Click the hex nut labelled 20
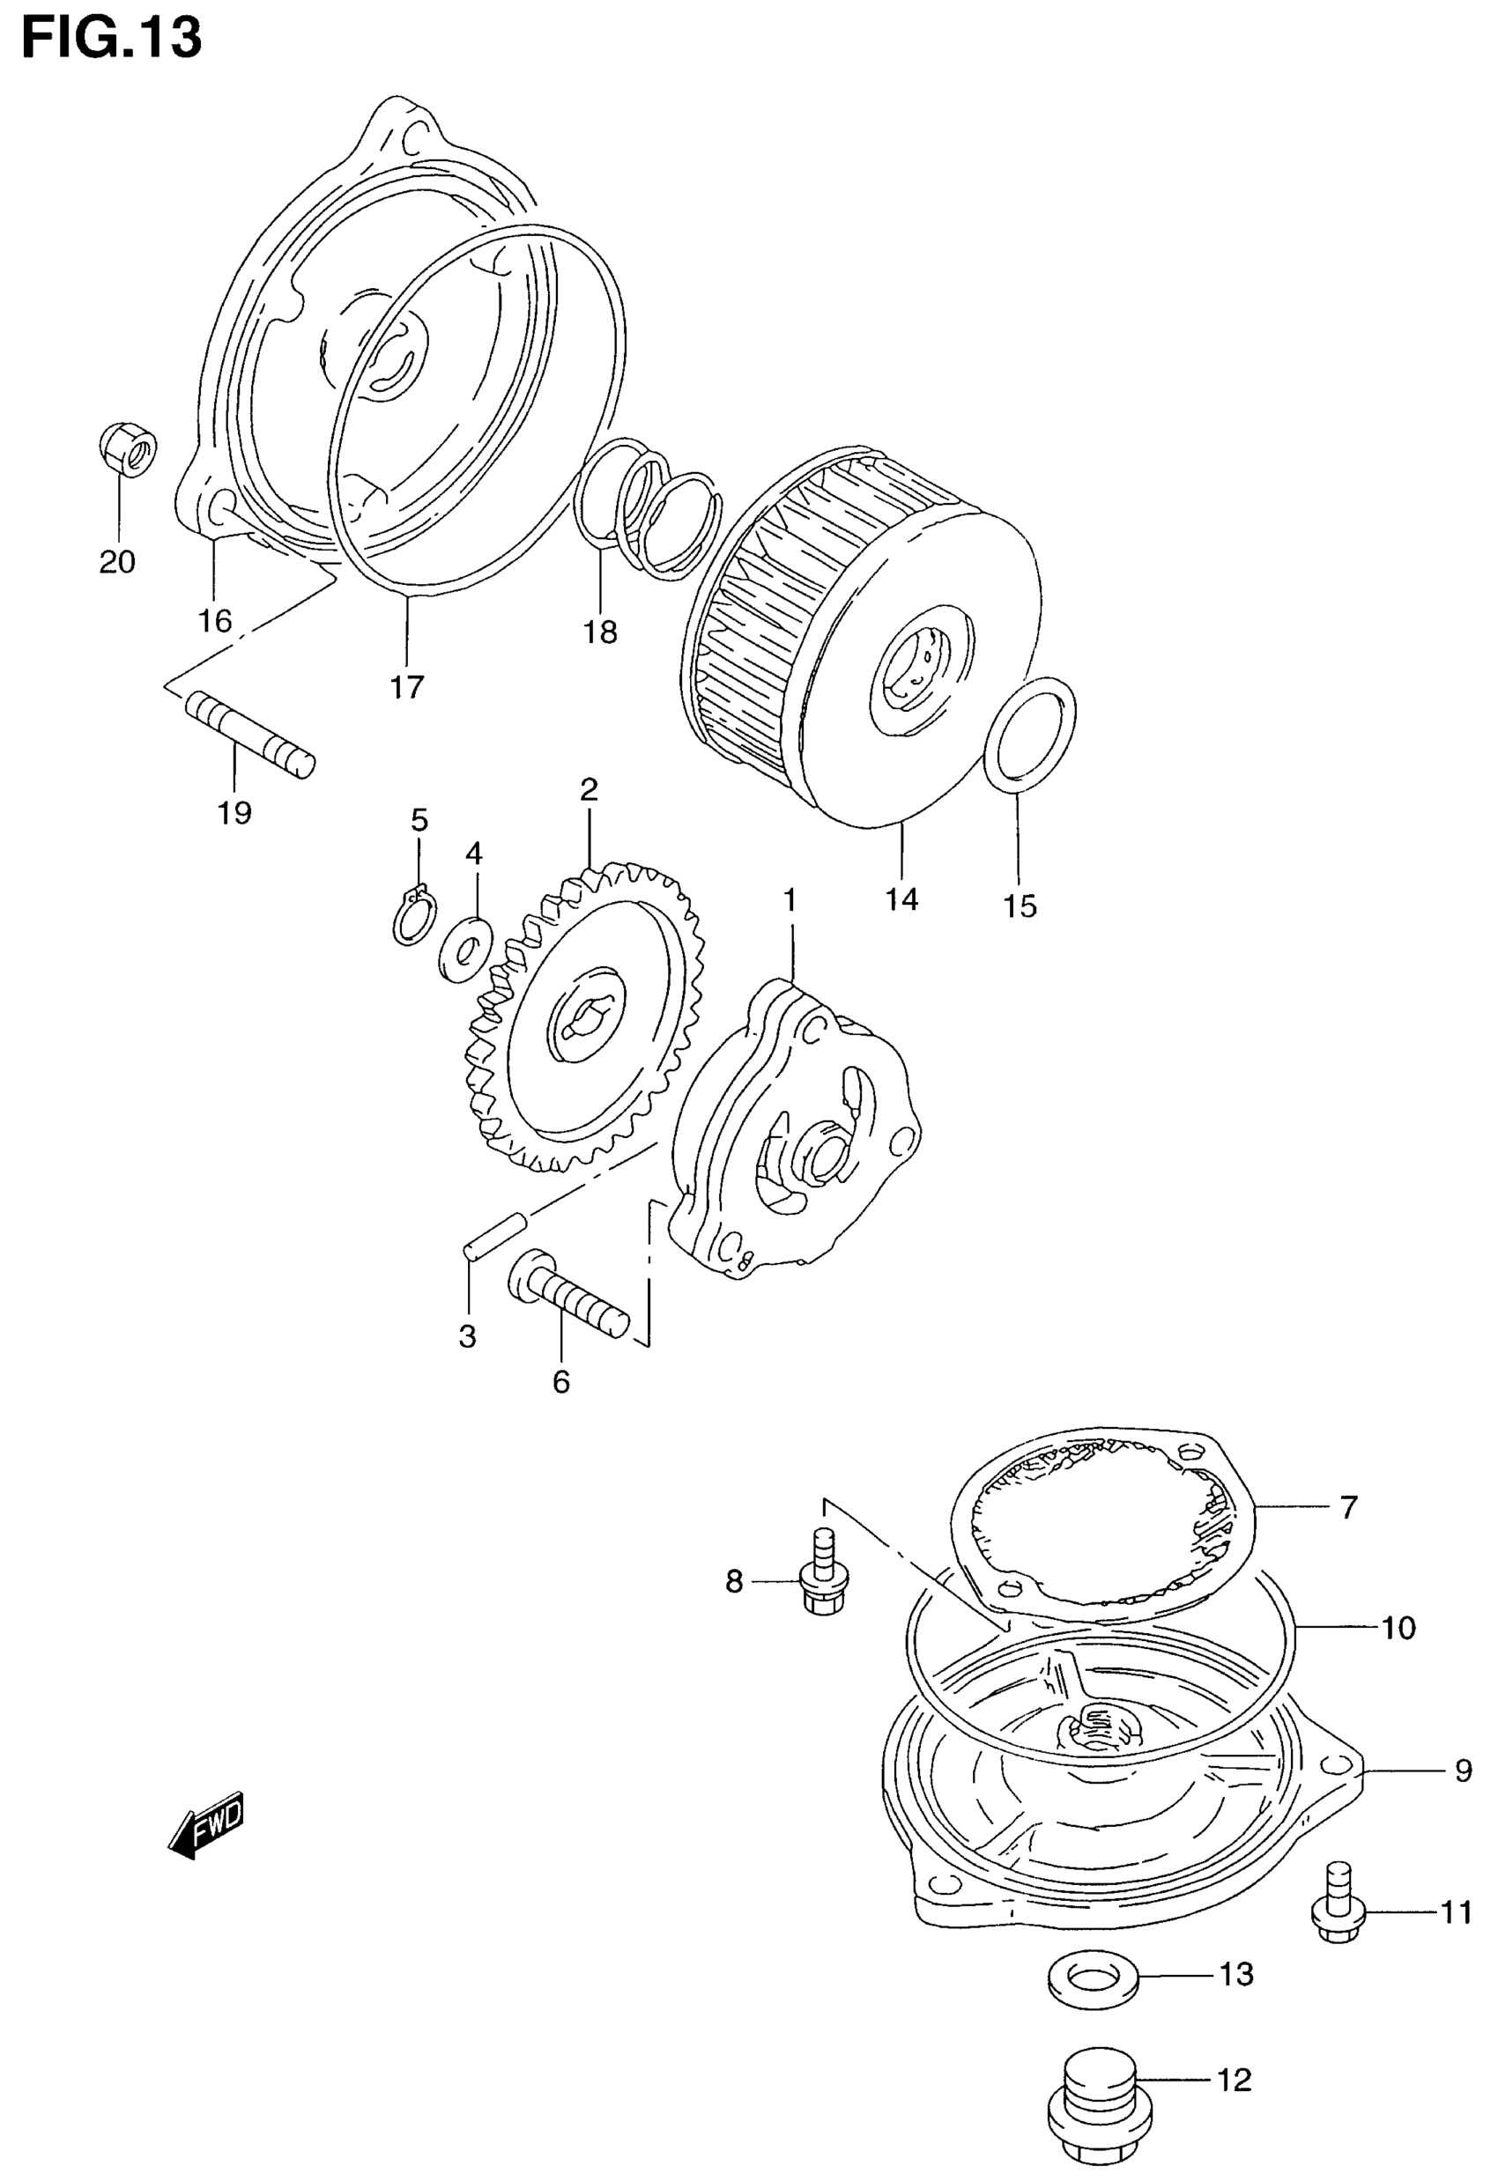(127, 449)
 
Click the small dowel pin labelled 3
(494, 1234)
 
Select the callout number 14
(901, 899)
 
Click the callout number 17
(407, 687)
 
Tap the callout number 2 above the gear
(589, 789)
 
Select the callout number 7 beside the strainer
(1348, 1507)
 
